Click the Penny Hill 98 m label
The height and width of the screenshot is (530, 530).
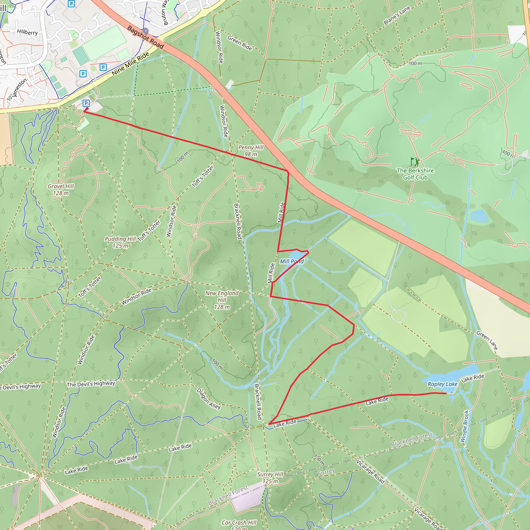(x=251, y=151)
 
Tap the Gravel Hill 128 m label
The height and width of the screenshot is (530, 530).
(x=61, y=189)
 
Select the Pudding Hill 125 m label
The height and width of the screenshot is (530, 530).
(x=120, y=242)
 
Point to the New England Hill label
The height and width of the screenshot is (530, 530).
(x=222, y=300)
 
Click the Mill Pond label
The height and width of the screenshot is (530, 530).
(x=292, y=261)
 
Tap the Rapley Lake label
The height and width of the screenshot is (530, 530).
(x=442, y=384)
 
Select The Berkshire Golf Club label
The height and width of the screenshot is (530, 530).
(x=415, y=174)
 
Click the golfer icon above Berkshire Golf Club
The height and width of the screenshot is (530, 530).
(x=415, y=161)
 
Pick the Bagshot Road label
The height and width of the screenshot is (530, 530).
(x=145, y=37)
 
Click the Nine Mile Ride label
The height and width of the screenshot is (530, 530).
(x=131, y=64)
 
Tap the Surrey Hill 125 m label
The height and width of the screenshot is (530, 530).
(x=270, y=478)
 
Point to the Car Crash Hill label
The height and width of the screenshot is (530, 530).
(x=239, y=522)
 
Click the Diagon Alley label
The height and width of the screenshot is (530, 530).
(x=209, y=399)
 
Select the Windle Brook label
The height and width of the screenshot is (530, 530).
(x=465, y=426)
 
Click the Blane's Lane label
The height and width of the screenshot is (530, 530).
(x=397, y=15)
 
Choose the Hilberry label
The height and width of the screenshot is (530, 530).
(x=27, y=32)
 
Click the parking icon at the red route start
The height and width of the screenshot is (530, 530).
(x=86, y=103)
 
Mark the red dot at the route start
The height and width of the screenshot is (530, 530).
(x=87, y=109)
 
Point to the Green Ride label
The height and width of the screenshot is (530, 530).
(x=239, y=43)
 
